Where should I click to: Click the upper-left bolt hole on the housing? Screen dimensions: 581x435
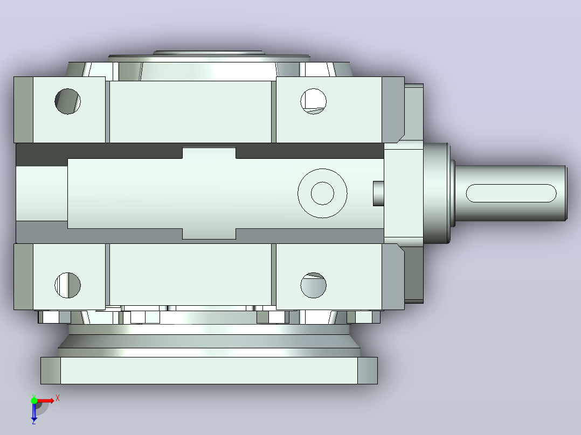(x=67, y=101)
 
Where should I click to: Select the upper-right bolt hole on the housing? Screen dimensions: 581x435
(x=314, y=101)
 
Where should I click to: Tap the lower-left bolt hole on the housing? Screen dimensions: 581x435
(x=67, y=285)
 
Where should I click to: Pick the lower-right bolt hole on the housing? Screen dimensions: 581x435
(x=314, y=285)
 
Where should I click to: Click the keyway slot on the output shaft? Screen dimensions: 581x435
(x=511, y=193)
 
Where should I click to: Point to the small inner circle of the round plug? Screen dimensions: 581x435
(x=322, y=193)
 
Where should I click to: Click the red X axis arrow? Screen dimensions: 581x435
(x=46, y=401)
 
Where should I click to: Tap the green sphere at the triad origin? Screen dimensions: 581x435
(x=34, y=401)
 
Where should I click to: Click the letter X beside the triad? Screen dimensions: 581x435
(x=58, y=398)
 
